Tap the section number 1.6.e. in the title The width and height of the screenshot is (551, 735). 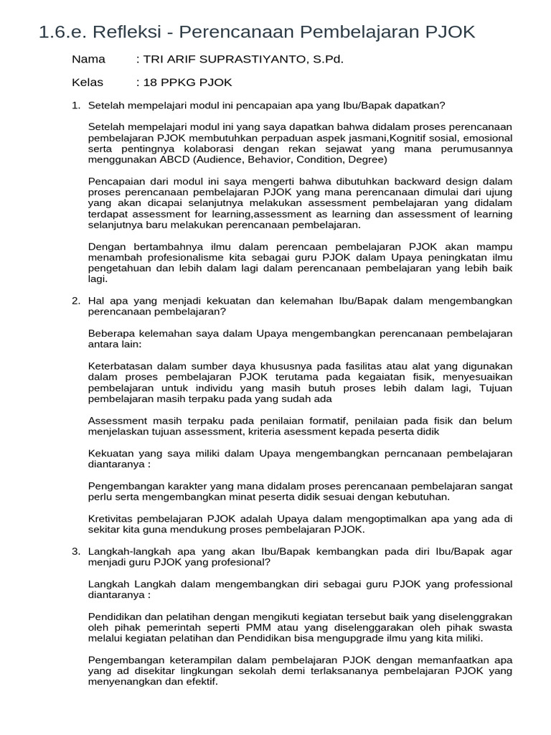click(x=63, y=32)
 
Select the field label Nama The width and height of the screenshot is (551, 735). click(x=88, y=59)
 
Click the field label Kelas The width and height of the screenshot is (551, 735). click(x=88, y=83)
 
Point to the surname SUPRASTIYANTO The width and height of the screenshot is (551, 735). click(x=246, y=59)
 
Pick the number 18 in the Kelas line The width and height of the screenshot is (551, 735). click(x=151, y=83)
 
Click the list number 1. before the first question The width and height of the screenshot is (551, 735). click(x=76, y=106)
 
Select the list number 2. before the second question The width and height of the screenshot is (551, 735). click(x=76, y=301)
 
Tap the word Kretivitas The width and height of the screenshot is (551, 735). click(x=111, y=519)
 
